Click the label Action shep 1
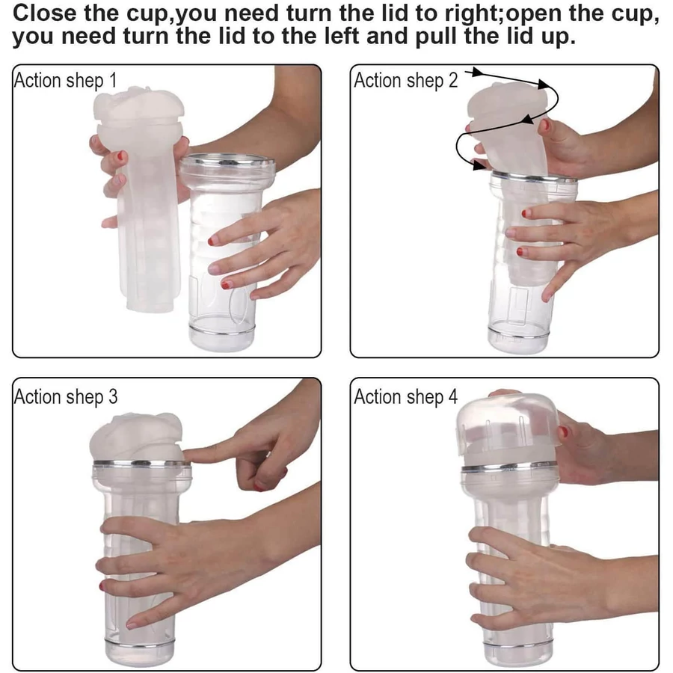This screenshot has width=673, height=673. tap(65, 81)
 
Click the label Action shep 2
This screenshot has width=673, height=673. tap(405, 81)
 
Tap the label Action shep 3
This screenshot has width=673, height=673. tap(66, 397)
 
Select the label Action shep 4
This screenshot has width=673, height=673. tap(405, 397)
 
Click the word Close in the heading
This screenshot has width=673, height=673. tap(44, 13)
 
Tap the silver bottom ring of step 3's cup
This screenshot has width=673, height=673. tap(140, 642)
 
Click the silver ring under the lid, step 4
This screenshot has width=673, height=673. tap(509, 467)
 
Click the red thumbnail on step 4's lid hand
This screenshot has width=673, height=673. tap(563, 431)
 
